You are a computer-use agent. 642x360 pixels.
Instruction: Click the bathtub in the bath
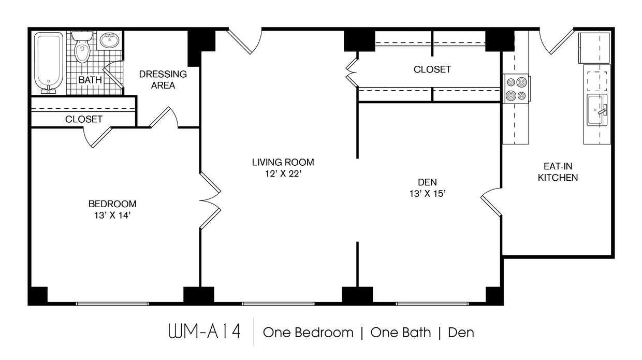point(49,62)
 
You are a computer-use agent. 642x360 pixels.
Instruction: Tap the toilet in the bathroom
point(82,48)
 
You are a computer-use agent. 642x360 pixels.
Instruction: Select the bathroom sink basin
point(109,40)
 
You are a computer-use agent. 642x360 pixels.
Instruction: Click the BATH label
point(90,80)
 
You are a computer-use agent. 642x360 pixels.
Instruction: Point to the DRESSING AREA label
point(163,80)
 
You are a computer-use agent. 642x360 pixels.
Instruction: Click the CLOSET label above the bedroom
point(84,119)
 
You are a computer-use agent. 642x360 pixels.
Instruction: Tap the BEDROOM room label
point(112,204)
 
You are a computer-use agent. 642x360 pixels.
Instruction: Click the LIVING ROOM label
point(283,162)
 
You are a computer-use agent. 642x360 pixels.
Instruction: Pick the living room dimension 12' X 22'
point(283,174)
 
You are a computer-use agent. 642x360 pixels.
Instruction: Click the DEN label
point(428,182)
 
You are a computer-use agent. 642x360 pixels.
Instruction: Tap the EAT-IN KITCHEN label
point(558,172)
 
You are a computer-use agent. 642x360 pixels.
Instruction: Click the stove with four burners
point(516,89)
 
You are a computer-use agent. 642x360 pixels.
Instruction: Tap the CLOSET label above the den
point(432,69)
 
